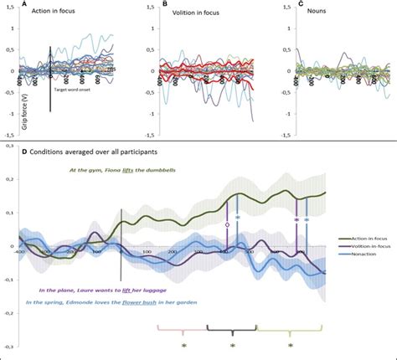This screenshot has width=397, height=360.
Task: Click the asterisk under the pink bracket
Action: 183,345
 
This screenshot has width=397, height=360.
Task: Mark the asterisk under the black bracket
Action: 233,345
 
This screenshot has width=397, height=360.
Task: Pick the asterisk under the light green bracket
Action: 290,345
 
